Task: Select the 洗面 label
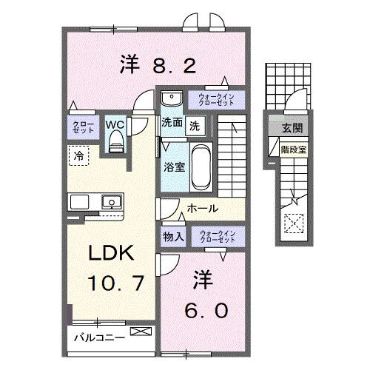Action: pyautogui.click(x=172, y=124)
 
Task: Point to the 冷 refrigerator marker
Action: pyautogui.click(x=78, y=155)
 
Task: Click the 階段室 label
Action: pyautogui.click(x=294, y=148)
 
